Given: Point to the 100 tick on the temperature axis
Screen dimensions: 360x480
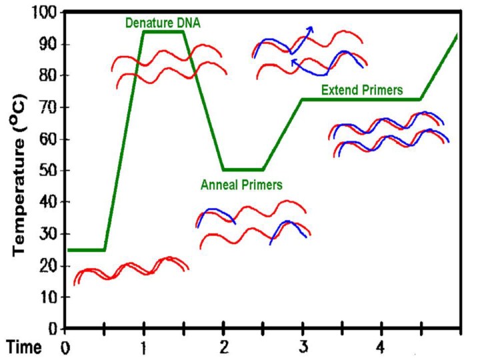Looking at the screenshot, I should pyautogui.click(x=45, y=13).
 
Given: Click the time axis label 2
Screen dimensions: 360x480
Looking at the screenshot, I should pyautogui.click(x=224, y=347).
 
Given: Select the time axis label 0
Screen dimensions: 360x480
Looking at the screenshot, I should pyautogui.click(x=65, y=347).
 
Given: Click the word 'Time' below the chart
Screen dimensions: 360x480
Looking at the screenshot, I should pyautogui.click(x=25, y=347).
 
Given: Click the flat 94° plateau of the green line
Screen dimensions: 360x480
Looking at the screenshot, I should pyautogui.click(x=163, y=31).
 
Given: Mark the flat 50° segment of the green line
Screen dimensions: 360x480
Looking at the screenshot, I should pyautogui.click(x=243, y=169).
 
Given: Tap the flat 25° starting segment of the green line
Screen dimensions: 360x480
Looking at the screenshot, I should pyautogui.click(x=85, y=250).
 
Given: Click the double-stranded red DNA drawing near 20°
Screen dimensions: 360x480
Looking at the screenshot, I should pyautogui.click(x=131, y=270).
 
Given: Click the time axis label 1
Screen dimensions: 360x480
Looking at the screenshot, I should pyautogui.click(x=144, y=347).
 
